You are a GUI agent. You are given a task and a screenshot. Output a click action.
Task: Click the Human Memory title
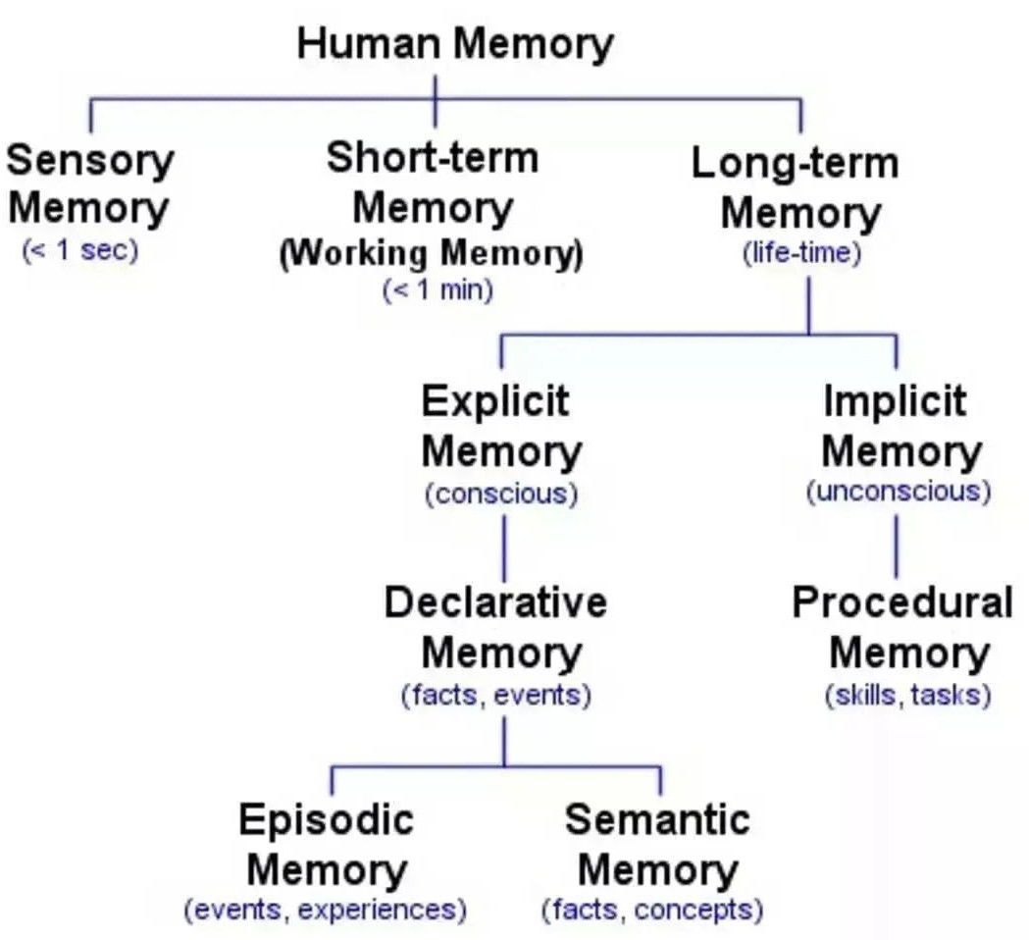click(x=454, y=45)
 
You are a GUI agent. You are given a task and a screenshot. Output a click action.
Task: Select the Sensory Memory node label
click(x=90, y=184)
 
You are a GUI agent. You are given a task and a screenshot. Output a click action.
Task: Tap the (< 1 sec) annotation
click(x=80, y=249)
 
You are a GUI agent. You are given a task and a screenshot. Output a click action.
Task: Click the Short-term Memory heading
click(x=433, y=183)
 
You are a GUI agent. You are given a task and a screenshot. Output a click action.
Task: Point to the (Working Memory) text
click(x=431, y=254)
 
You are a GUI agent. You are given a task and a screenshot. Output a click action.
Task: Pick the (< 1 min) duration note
click(x=437, y=290)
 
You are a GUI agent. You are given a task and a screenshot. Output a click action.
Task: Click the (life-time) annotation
click(x=801, y=253)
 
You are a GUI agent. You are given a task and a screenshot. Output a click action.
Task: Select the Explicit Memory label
click(x=500, y=427)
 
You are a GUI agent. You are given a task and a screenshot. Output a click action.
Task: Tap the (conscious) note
click(x=500, y=493)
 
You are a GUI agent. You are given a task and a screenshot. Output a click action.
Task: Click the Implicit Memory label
click(x=897, y=427)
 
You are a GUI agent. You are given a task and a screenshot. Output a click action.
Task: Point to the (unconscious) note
click(x=898, y=491)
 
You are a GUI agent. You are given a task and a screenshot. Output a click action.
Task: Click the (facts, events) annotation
click(x=496, y=696)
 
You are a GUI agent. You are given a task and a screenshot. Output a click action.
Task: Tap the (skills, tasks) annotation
click(x=907, y=696)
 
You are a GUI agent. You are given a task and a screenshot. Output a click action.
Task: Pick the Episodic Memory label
click(x=327, y=845)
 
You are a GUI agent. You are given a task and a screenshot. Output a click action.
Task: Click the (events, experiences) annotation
click(x=326, y=910)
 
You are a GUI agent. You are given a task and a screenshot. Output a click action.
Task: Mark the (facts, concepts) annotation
click(x=652, y=910)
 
